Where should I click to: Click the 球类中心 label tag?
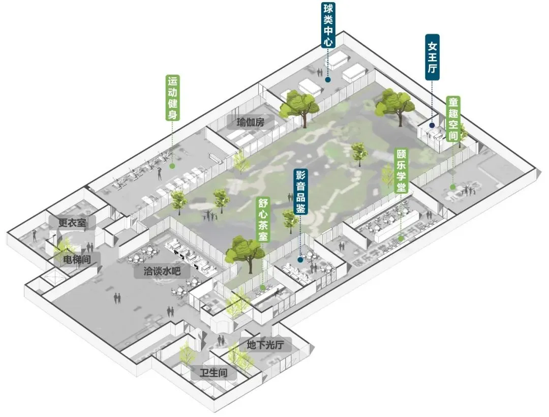pyautogui.click(x=328, y=25)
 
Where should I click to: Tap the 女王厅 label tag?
pyautogui.click(x=432, y=57)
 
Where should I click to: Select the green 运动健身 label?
pyautogui.click(x=173, y=99)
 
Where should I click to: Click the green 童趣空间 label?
pyautogui.click(x=453, y=120)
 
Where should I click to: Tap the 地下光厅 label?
pyautogui.click(x=265, y=345)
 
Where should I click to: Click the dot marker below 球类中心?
pyautogui.click(x=328, y=80)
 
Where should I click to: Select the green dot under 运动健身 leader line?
pyautogui.click(x=172, y=166)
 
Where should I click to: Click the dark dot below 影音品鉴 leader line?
pyautogui.click(x=300, y=259)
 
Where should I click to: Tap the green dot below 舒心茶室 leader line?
pyautogui.click(x=263, y=288)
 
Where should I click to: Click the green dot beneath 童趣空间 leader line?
pyautogui.click(x=452, y=187)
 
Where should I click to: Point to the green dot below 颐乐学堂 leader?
pyautogui.click(x=401, y=237)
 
